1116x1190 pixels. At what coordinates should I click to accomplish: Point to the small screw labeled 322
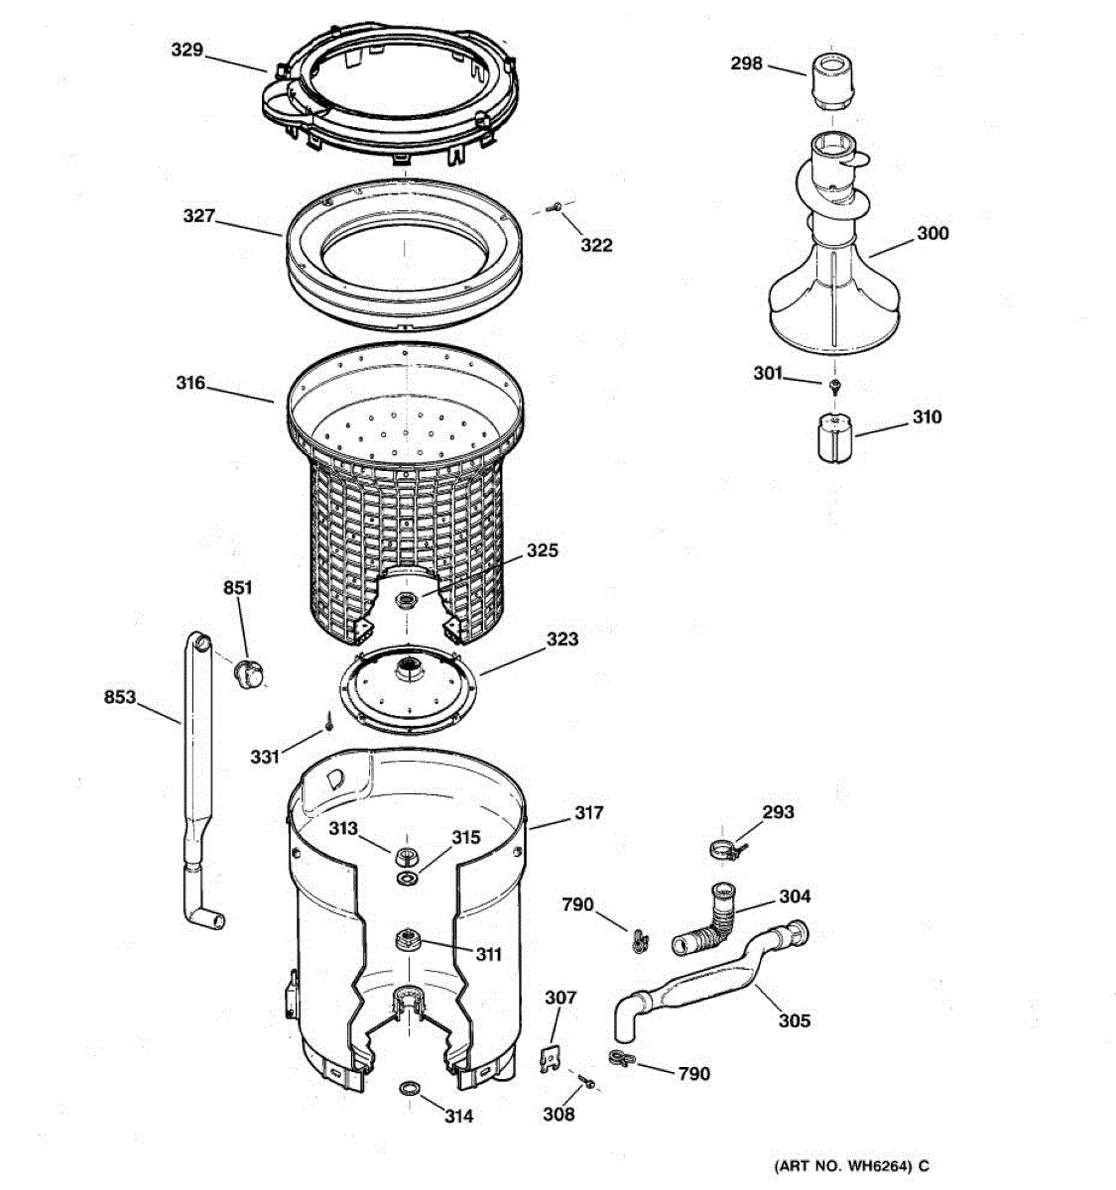[558, 207]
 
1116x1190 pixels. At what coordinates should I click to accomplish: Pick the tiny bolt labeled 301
[836, 384]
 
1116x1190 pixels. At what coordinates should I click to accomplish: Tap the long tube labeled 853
[197, 783]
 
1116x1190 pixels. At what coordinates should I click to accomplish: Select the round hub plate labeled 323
[405, 690]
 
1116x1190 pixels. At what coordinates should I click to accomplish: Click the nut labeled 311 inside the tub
[406, 938]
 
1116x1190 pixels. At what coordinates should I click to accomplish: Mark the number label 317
[588, 813]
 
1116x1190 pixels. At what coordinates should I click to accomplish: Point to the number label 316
[190, 383]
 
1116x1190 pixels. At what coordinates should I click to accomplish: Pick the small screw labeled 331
[325, 730]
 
